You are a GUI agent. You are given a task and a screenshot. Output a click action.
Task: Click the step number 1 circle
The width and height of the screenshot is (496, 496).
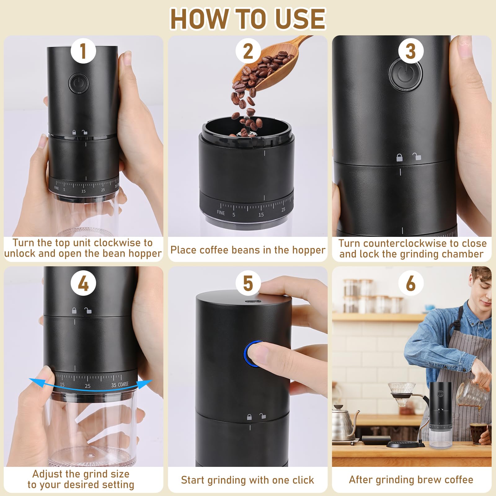click(83, 51)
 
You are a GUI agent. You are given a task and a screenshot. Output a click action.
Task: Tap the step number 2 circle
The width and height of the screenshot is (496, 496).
click(248, 51)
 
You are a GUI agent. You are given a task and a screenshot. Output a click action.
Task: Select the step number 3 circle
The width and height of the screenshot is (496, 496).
click(411, 51)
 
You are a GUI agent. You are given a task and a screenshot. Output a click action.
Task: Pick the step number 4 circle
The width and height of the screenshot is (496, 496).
click(83, 283)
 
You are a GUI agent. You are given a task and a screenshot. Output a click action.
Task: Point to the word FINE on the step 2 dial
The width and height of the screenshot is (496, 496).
click(221, 213)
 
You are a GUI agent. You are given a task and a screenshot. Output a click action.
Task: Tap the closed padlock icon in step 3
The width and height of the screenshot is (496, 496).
click(400, 157)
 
